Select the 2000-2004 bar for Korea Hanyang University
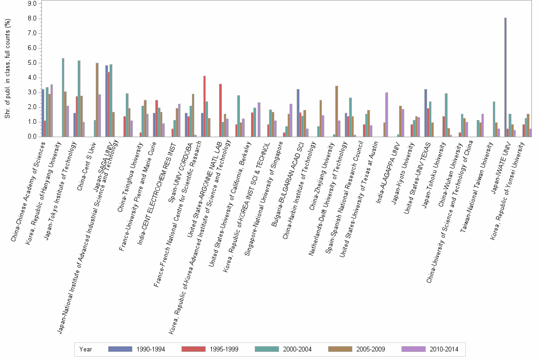pyautogui.click(x=63, y=98)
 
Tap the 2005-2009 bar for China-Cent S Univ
pyautogui.click(x=97, y=100)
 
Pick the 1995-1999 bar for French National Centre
pyautogui.click(x=204, y=106)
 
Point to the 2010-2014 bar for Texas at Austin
pyautogui.click(x=387, y=115)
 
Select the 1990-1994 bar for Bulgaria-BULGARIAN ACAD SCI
pyautogui.click(x=298, y=113)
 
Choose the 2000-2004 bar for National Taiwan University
pyautogui.click(x=494, y=119)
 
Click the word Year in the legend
pyautogui.click(x=86, y=349)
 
